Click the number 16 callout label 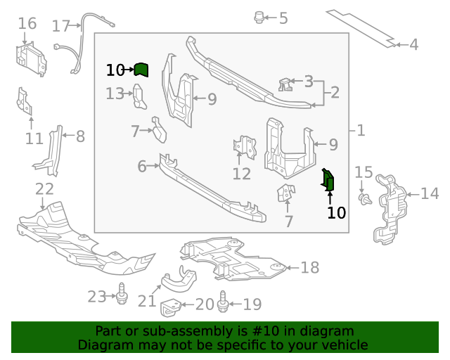tap(27, 23)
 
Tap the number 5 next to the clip tap(283, 18)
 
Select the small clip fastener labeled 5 tap(259, 18)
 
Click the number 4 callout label tap(413, 45)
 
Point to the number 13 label tap(115, 94)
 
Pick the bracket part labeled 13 tap(139, 96)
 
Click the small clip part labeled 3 tap(285, 84)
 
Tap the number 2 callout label tap(335, 92)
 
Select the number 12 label tap(242, 174)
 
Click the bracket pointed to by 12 tap(245, 147)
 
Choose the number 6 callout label tap(142, 167)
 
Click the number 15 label tap(364, 172)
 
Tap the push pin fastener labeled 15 tap(365, 199)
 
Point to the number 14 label tap(430, 193)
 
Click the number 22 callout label tap(44, 189)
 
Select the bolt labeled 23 tap(122, 293)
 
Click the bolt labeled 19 tap(223, 302)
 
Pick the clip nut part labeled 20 tap(170, 308)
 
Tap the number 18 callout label tap(309, 268)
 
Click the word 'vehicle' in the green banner tap(349, 345)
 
